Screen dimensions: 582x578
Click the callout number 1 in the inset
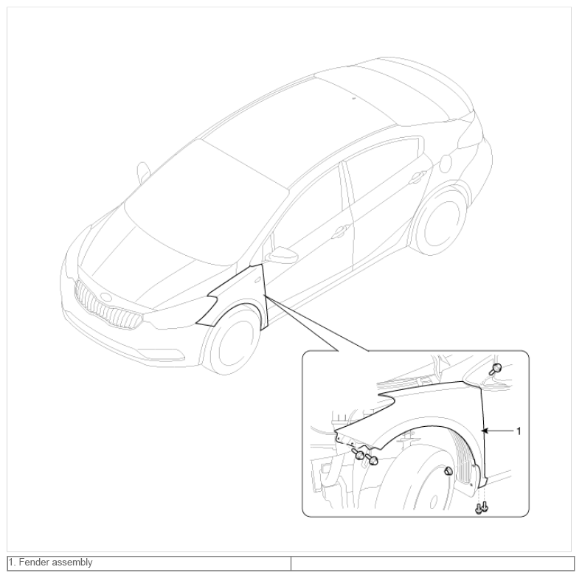click(519, 431)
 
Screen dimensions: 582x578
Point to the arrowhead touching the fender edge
click(484, 431)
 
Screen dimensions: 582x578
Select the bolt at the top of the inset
click(496, 369)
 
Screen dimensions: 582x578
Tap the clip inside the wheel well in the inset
click(448, 471)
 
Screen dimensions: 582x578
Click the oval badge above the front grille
click(106, 297)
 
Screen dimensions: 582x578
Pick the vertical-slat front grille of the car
click(108, 306)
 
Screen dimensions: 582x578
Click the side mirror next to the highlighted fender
click(282, 255)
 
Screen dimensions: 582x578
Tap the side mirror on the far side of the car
click(143, 172)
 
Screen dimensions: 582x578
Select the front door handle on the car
click(339, 231)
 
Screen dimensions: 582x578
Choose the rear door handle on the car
click(418, 178)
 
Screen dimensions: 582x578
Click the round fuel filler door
click(446, 163)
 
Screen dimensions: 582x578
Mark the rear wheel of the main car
click(439, 222)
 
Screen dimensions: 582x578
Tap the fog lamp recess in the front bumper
click(164, 354)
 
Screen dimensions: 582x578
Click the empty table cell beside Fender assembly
click(432, 563)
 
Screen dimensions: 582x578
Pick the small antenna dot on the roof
click(354, 98)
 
